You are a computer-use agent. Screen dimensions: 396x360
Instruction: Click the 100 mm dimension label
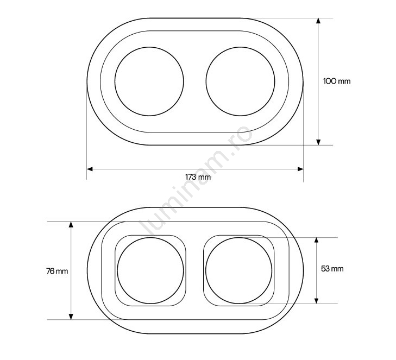pos(337,81)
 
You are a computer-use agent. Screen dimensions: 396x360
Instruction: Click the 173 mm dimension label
pos(198,177)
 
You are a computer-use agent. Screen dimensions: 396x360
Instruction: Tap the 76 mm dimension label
pos(57,271)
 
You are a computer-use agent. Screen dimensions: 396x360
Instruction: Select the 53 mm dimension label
pos(332,269)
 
